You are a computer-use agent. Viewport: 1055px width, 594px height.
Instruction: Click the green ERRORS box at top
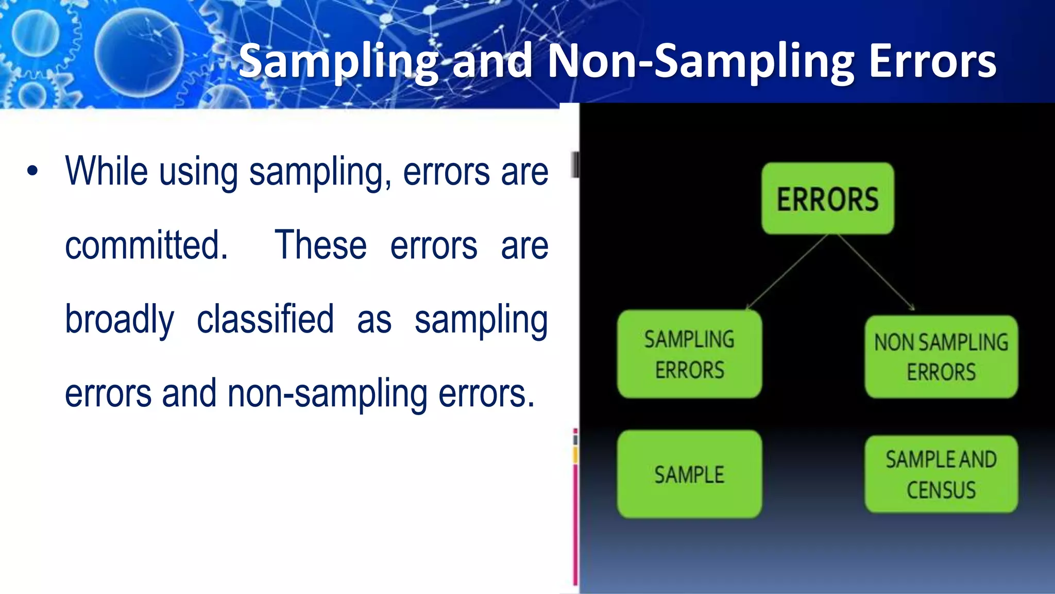(x=827, y=199)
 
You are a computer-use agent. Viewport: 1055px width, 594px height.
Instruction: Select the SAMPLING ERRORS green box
(x=689, y=354)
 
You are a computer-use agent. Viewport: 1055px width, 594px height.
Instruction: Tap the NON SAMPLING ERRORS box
(x=941, y=357)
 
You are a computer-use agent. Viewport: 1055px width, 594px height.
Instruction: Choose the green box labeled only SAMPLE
(x=689, y=474)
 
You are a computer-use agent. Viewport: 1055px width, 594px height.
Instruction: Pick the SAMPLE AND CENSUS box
(x=941, y=474)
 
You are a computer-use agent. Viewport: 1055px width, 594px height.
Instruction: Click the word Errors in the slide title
(x=932, y=62)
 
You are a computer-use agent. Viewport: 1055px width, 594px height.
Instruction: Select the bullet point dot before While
(x=32, y=171)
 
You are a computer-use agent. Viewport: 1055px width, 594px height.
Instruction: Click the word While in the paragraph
(x=107, y=171)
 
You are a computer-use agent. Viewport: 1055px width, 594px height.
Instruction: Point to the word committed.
(x=146, y=245)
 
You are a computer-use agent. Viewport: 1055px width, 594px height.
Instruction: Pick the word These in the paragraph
(x=320, y=245)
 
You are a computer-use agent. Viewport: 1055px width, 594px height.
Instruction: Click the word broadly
(x=120, y=320)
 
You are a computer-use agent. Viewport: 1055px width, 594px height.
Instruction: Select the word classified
(x=265, y=320)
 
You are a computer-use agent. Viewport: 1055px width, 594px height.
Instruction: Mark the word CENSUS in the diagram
(x=941, y=490)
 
